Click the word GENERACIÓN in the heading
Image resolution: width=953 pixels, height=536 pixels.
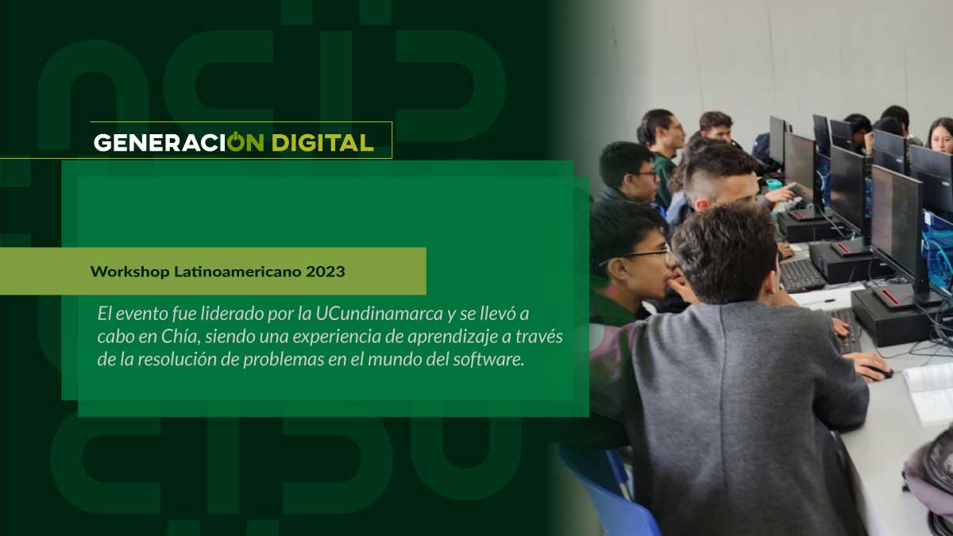179,141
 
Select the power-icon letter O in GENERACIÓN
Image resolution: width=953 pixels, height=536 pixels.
235,141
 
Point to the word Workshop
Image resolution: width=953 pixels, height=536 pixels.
129,272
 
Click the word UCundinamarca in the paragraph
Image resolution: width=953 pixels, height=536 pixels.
379,314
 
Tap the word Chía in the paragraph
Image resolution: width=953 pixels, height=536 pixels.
180,337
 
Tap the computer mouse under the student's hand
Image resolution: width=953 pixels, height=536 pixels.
878,373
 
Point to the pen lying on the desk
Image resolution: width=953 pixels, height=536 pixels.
824,301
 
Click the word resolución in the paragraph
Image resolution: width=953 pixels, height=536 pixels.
177,360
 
